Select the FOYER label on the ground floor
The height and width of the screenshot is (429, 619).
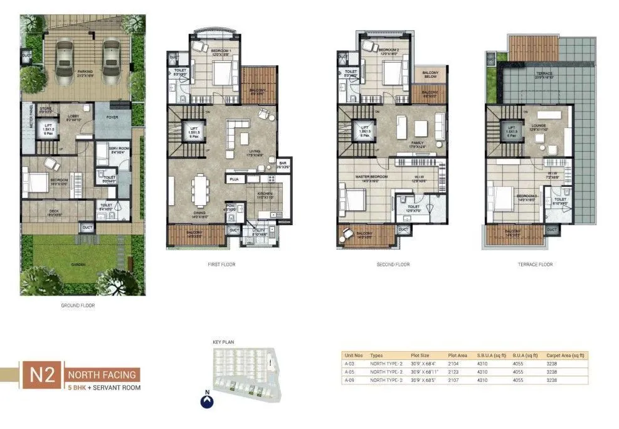[112, 117]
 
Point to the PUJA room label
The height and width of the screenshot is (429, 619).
[234, 179]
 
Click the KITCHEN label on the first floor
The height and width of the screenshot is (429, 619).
[265, 194]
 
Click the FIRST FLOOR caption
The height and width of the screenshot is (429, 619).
[221, 265]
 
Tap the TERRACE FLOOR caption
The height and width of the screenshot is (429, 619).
[537, 265]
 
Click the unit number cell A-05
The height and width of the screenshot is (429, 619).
[350, 372]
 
